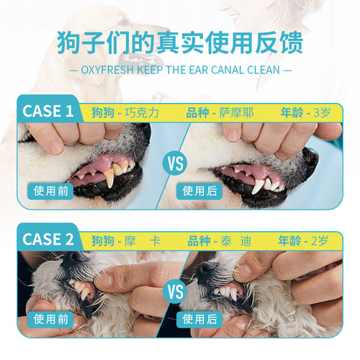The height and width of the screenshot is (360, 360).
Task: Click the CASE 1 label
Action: pos(48,112)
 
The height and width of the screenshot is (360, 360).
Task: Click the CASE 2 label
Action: pos(48,238)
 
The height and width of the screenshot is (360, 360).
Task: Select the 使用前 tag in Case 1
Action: pos(50,191)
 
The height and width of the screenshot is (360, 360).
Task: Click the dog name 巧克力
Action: pos(143,113)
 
